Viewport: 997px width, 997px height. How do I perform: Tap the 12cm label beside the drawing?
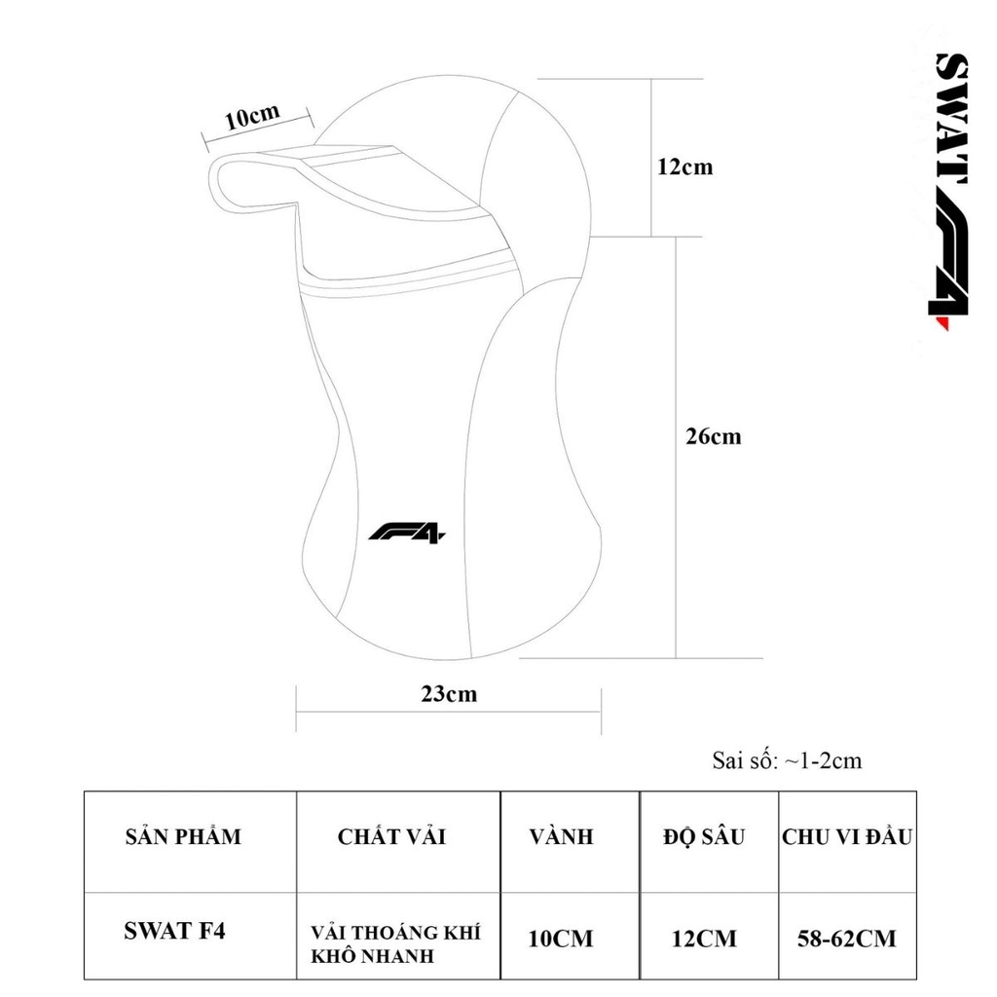pos(684,166)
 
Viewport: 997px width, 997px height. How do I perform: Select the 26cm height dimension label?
pos(713,436)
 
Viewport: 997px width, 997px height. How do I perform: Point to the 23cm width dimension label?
pos(449,694)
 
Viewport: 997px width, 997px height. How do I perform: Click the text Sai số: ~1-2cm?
pos(787,760)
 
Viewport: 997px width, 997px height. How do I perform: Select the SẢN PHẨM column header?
pos(183,836)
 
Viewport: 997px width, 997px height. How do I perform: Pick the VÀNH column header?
pos(561,836)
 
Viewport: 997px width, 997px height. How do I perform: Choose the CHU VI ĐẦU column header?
pos(847,836)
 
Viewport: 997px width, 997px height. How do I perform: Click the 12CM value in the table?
pos(704,940)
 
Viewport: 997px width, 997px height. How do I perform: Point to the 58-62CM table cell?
pos(847,940)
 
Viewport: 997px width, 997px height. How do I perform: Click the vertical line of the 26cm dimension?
pos(676,545)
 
